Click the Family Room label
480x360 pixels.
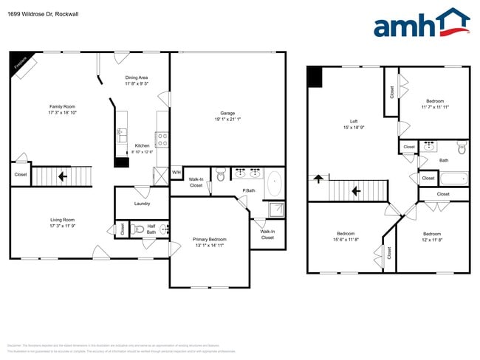point(62,106)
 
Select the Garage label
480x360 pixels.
point(227,113)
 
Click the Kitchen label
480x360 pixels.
point(143,146)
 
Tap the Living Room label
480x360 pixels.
point(62,219)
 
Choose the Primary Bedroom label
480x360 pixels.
point(209,239)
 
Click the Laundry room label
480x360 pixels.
point(142,204)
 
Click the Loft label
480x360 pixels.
point(354,122)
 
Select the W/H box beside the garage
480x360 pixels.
point(176,173)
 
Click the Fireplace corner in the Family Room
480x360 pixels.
point(20,63)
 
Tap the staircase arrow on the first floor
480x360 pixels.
point(62,176)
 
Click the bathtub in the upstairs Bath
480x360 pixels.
point(453,178)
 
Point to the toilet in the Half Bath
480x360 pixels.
point(138,229)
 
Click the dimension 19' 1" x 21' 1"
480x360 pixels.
point(227,119)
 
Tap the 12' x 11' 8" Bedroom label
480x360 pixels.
point(432,237)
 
